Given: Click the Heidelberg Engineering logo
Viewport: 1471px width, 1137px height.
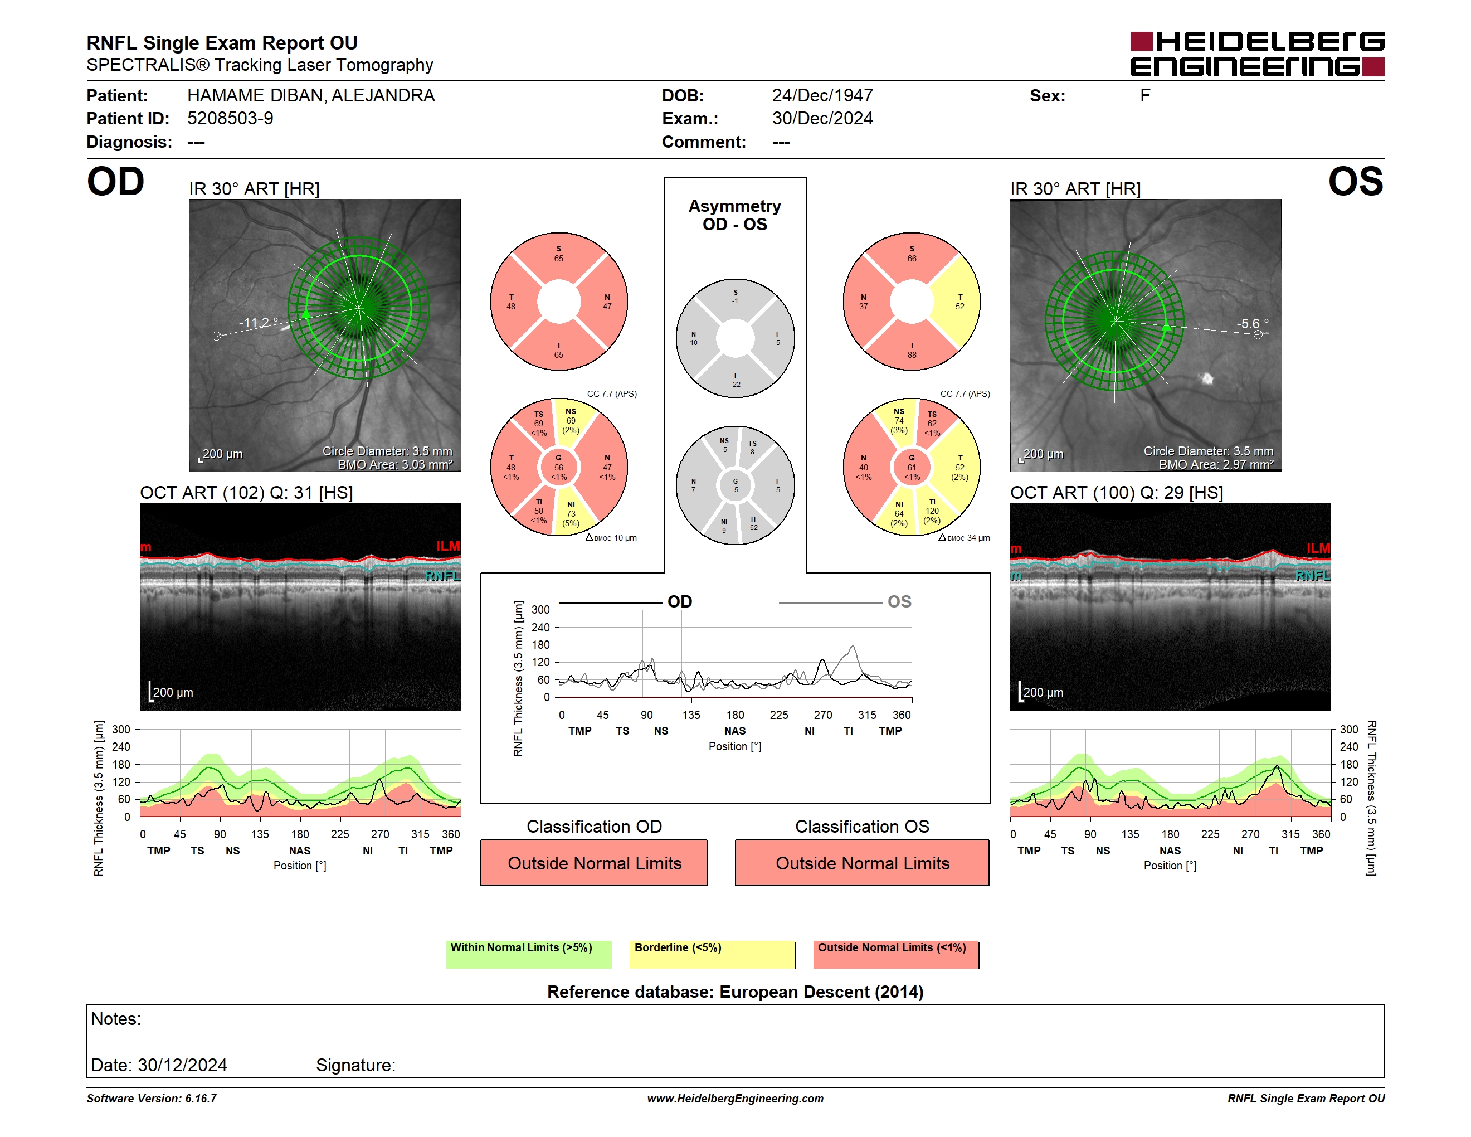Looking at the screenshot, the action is [1257, 54].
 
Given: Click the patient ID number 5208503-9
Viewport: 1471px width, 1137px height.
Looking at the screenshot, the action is [230, 119].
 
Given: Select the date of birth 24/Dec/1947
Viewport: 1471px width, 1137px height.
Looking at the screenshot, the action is [822, 96].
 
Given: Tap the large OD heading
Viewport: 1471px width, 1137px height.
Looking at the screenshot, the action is [116, 181].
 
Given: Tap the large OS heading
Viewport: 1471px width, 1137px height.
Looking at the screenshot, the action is [1355, 181].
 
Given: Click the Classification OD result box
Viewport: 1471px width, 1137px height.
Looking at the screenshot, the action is [594, 863].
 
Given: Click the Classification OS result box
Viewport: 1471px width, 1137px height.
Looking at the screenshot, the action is [862, 863].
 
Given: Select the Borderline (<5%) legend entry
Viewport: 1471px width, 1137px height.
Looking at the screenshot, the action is [712, 954].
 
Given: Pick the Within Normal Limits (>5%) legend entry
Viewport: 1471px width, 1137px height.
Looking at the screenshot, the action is [529, 954].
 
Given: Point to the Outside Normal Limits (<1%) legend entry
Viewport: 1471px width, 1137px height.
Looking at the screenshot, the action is [896, 954].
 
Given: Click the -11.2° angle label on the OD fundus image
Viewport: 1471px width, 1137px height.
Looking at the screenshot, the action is [258, 323].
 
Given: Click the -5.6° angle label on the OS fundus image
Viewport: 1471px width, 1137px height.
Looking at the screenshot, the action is [1253, 323].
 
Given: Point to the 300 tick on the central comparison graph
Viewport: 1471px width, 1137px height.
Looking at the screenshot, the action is [541, 610].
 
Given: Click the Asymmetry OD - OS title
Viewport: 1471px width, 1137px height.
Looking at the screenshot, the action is [735, 215].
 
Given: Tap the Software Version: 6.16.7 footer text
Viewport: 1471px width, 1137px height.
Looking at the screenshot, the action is [152, 1099].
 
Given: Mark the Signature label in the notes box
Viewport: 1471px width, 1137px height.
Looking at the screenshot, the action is [355, 1065].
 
